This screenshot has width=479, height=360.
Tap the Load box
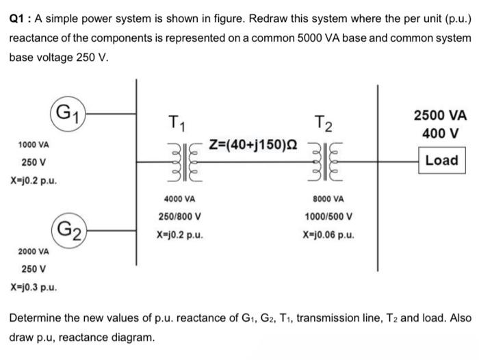441,160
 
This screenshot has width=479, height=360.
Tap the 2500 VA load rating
441,115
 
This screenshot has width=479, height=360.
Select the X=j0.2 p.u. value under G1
33,181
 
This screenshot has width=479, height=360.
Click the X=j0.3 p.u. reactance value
33,287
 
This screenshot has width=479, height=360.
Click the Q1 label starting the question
16,19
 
